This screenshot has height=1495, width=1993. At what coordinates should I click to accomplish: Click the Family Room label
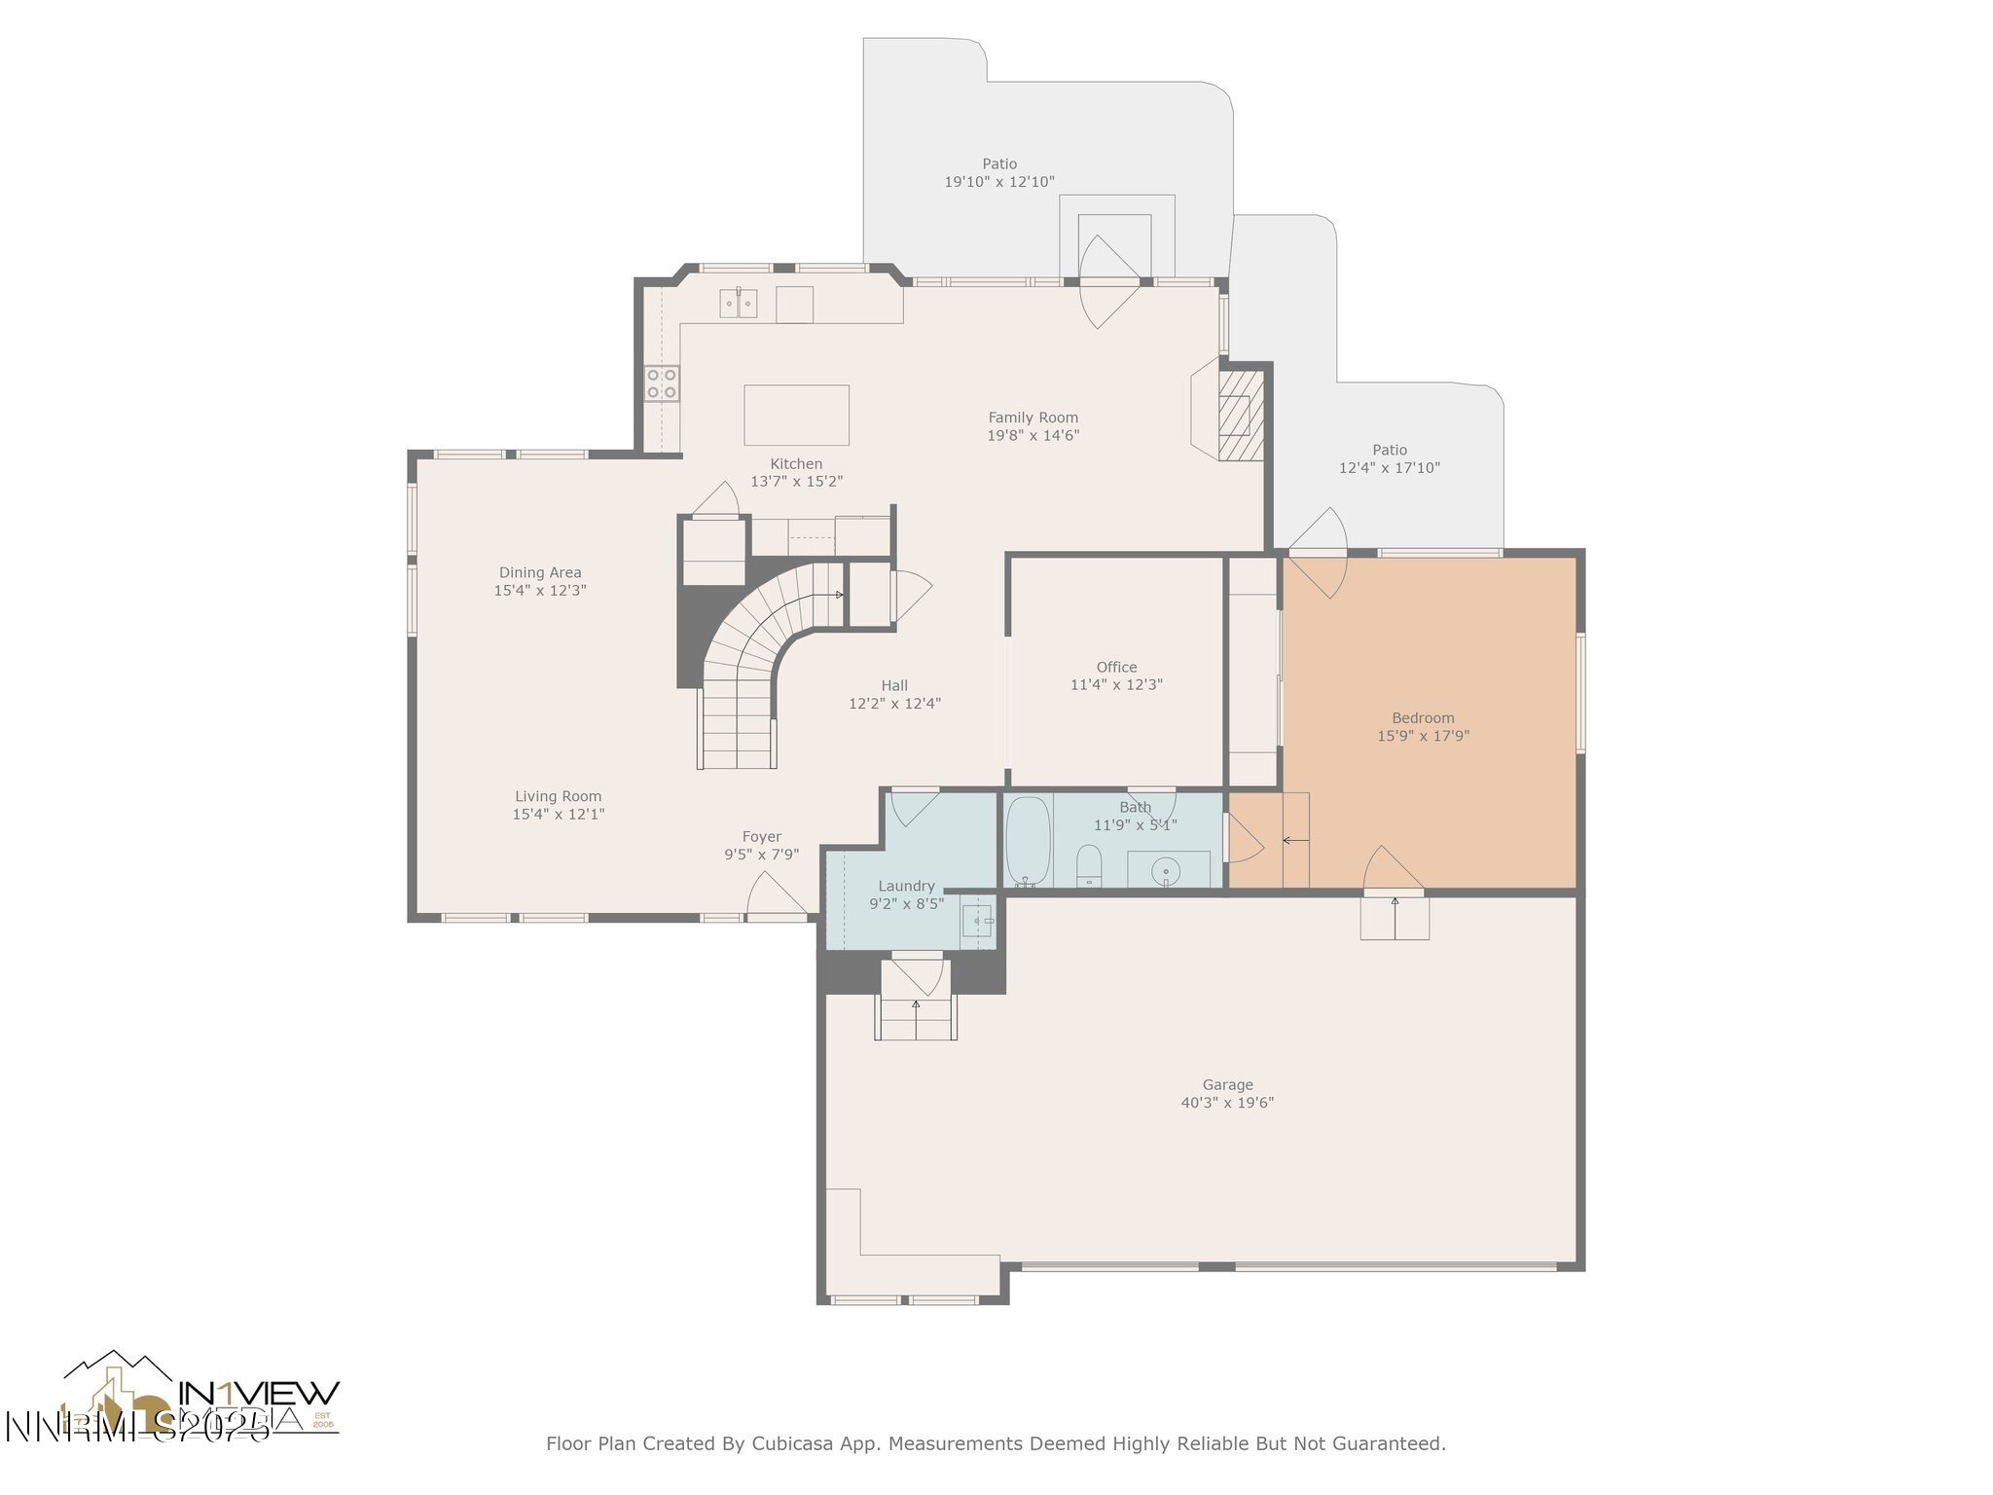pos(1033,418)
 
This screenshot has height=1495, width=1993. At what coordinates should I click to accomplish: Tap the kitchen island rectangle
pos(796,415)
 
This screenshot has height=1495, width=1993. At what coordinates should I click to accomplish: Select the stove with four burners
pos(662,383)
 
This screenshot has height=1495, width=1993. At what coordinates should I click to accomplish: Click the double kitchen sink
pos(739,304)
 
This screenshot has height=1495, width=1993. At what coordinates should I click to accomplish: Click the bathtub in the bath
pos(1027,840)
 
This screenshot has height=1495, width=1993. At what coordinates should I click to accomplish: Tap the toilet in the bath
pos(1088,865)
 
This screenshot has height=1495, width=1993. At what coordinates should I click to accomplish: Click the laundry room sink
pos(978,920)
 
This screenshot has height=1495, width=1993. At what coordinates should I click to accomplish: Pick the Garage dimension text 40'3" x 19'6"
pos(1227,1103)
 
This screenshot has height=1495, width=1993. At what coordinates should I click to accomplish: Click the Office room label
pos(1116,667)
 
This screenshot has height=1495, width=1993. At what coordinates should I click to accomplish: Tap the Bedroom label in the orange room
pos(1423,718)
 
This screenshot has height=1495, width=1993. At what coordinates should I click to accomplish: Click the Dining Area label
pos(540,572)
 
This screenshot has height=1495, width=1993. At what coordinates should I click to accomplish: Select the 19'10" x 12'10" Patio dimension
pos(999,182)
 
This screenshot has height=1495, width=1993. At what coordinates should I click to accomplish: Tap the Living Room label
pos(558,796)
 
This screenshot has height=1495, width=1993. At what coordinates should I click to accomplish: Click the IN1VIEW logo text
pos(259,1392)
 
